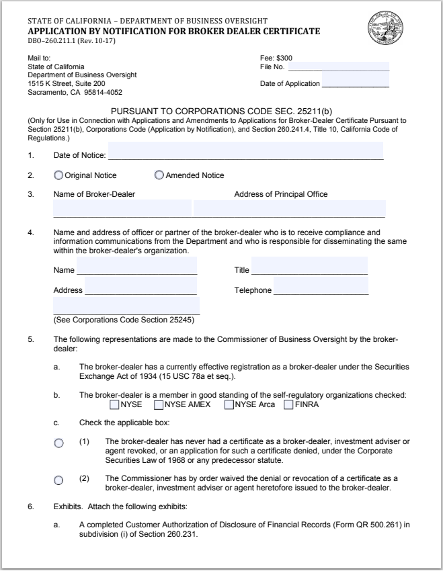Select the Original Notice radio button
point(58,175)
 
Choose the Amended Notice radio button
point(159,175)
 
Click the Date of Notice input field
point(245,152)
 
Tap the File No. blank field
point(338,66)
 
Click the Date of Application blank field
point(355,83)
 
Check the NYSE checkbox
point(114,405)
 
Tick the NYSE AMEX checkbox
point(159,405)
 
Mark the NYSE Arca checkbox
point(229,405)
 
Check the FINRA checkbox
point(289,405)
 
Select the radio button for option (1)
point(58,443)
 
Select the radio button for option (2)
point(58,480)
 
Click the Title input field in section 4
point(309,267)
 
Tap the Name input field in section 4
point(136,267)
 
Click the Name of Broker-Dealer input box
point(122,209)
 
